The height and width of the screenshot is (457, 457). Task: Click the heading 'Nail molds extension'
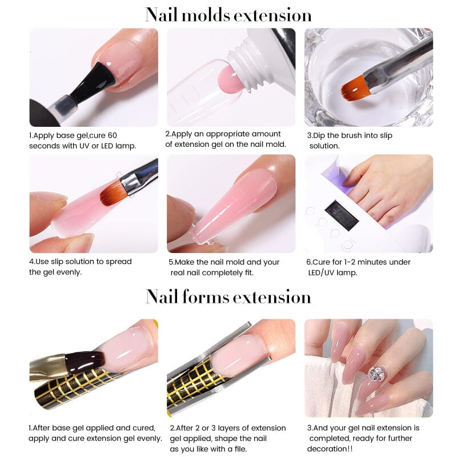tap(228, 14)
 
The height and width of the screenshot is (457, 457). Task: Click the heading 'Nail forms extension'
tap(228, 296)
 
